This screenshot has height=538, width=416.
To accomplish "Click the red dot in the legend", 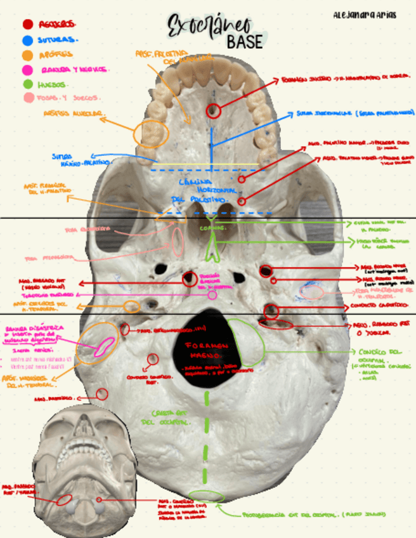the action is [28, 24].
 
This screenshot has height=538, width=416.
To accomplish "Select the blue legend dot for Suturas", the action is [28, 39].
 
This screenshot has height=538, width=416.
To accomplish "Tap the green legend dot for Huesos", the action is [28, 84].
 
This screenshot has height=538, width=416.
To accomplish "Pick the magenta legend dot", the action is [28, 69].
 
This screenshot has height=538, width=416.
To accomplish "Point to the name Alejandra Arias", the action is [364, 15].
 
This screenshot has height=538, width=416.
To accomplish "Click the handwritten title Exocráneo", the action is [210, 27].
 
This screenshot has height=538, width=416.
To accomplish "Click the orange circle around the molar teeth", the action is [152, 134].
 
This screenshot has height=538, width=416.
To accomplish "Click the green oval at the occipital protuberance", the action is [206, 497].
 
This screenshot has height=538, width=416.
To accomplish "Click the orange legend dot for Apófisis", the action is [28, 55].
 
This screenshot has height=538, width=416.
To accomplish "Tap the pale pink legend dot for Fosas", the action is [28, 98].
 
